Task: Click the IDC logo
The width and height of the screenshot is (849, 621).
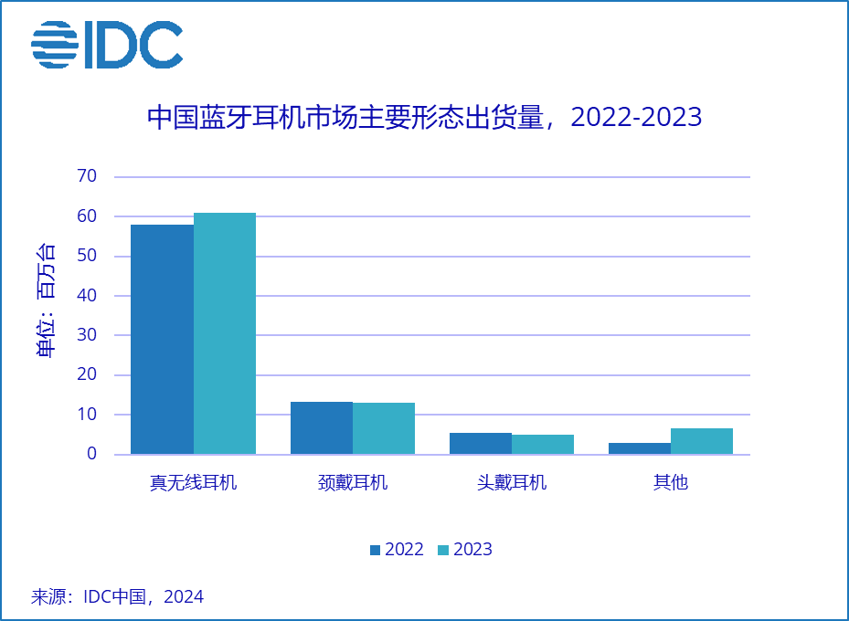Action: click(107, 45)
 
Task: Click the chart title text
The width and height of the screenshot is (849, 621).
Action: click(425, 118)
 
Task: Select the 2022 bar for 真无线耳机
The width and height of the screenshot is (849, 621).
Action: click(163, 339)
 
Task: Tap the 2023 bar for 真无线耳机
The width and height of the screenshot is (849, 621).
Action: click(225, 333)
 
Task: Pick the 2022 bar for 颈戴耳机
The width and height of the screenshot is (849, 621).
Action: click(322, 427)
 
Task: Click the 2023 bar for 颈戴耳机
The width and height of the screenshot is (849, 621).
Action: click(384, 428)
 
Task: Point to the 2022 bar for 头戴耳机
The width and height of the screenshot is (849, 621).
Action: click(481, 443)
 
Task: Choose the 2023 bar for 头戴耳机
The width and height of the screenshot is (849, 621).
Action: click(543, 444)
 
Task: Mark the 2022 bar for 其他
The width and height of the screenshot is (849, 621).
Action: click(640, 448)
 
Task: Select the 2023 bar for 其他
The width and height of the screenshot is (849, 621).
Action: click(702, 441)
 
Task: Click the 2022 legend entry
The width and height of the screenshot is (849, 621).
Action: click(397, 549)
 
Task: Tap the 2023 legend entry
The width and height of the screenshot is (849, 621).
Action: click(465, 549)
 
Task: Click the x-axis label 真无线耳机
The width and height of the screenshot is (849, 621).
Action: click(194, 481)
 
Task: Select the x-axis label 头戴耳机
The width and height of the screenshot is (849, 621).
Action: click(512, 481)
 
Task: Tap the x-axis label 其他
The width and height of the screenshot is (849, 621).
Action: click(671, 481)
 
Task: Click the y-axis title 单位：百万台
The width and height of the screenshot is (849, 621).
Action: click(46, 301)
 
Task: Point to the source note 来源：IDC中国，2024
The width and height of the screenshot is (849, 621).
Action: click(118, 597)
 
